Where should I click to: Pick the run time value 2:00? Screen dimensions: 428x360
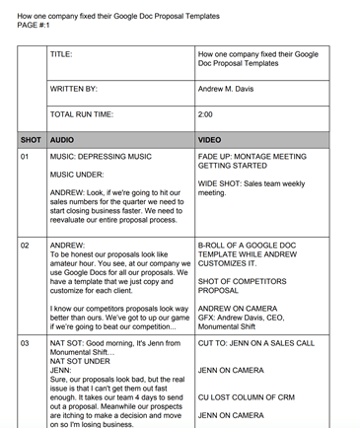click(206, 114)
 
